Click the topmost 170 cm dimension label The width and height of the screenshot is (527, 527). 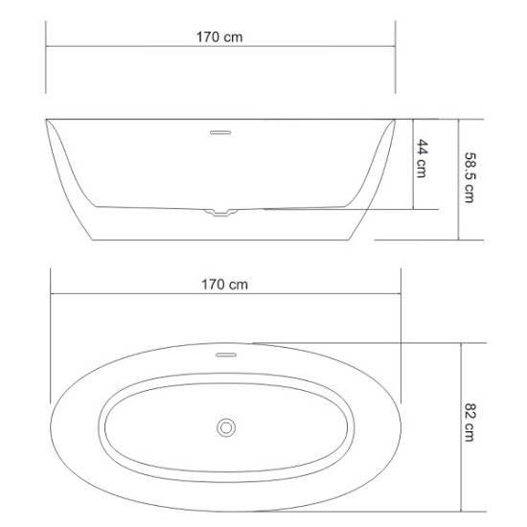(219, 37)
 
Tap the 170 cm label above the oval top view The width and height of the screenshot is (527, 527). (224, 285)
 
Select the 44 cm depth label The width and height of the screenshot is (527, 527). (422, 158)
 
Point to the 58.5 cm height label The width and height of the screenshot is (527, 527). (470, 177)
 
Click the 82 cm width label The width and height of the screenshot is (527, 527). (470, 423)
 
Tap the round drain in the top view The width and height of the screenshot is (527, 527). (226, 428)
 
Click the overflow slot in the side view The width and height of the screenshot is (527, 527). (220, 132)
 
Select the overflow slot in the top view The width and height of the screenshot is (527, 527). (226, 355)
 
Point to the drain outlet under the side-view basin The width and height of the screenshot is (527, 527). (221, 213)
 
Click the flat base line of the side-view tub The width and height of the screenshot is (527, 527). (221, 240)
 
